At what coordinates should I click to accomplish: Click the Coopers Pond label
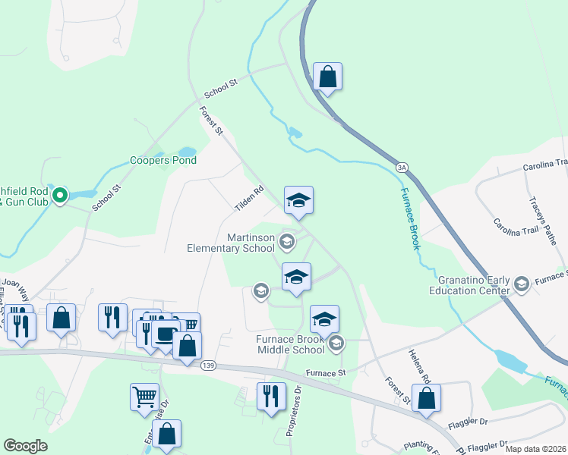163,160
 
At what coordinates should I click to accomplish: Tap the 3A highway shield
401,167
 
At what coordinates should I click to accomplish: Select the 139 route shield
207,366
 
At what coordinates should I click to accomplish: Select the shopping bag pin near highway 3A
327,77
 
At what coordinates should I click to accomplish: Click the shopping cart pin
145,397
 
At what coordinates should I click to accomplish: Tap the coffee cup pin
164,334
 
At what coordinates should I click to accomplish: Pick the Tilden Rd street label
249,199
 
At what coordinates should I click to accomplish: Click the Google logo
25,446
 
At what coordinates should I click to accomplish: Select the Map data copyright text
536,449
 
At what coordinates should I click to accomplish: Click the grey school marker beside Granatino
521,284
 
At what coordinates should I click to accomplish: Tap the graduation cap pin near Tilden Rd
298,201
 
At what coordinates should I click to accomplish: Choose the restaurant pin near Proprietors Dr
270,396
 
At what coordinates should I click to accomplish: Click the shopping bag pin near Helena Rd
426,397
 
